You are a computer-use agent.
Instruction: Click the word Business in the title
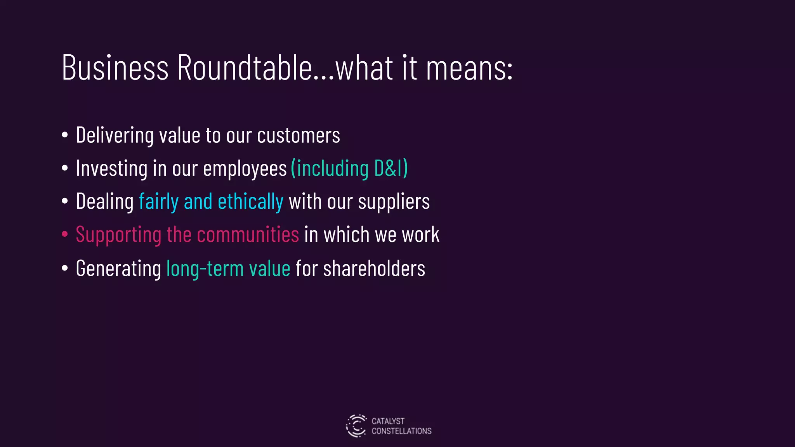point(115,68)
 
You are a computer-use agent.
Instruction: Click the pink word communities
point(248,235)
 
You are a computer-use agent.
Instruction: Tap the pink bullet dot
point(65,234)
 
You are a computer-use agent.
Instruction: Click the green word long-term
point(205,269)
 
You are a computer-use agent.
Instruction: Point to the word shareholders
point(374,269)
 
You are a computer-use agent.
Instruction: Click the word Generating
point(118,269)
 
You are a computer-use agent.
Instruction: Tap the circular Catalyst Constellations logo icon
point(356,426)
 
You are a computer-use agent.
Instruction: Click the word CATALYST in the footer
point(388,421)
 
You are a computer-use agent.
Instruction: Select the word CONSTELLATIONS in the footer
point(401,431)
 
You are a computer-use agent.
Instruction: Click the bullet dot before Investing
point(65,168)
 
